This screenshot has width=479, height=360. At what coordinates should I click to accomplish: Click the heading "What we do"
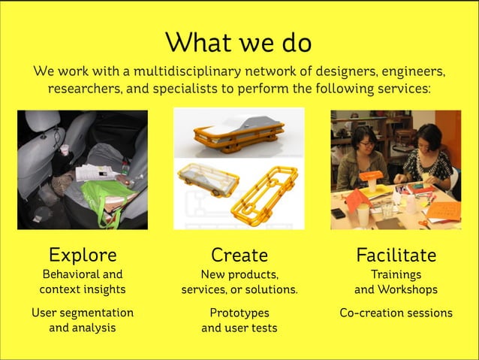pyautogui.click(x=239, y=42)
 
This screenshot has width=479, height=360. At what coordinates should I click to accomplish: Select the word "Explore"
pyautogui.click(x=83, y=255)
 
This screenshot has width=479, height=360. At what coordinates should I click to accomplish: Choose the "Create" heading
pyautogui.click(x=239, y=255)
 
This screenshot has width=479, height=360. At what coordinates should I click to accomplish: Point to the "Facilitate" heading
pyautogui.click(x=396, y=255)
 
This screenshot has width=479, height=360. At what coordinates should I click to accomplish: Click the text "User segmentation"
pyautogui.click(x=83, y=312)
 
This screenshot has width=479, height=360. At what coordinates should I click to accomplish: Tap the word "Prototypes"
pyautogui.click(x=239, y=312)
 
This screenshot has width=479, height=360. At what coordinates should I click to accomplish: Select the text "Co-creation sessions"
pyautogui.click(x=396, y=312)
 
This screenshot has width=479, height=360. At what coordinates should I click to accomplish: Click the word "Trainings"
pyautogui.click(x=396, y=274)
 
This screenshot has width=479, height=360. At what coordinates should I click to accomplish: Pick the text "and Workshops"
pyautogui.click(x=396, y=289)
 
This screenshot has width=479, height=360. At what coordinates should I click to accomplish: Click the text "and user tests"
pyautogui.click(x=239, y=328)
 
